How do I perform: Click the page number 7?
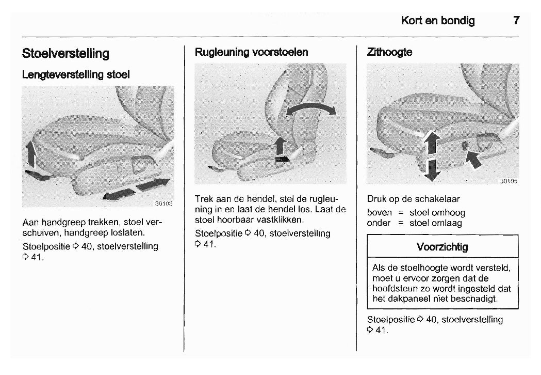coord(516,21)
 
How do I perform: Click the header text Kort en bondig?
coord(438,21)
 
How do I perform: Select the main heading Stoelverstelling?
coord(65,54)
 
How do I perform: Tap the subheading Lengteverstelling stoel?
coord(76,75)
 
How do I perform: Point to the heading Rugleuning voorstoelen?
coord(251,52)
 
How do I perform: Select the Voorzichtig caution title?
coord(442,247)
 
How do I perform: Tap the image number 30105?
coord(509,181)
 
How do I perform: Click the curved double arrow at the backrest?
coord(310,109)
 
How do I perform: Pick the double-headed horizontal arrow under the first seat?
coord(137,189)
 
